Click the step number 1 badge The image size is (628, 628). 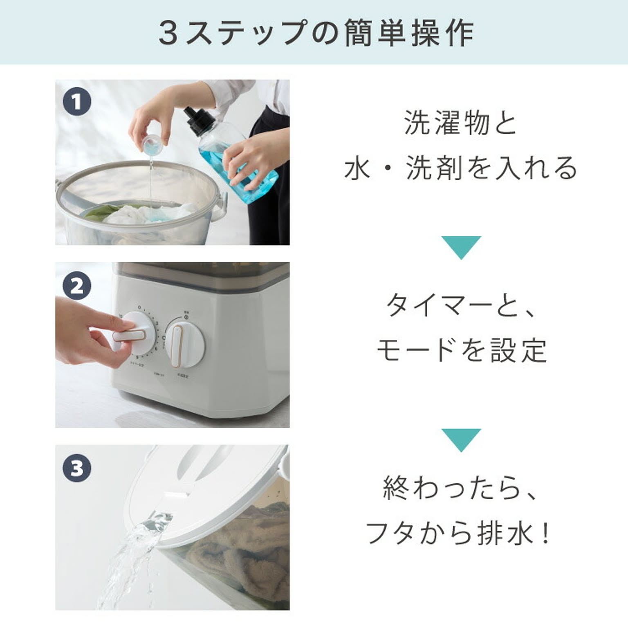[x=77, y=102]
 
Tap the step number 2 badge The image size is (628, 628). [x=77, y=286]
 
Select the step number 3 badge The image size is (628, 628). [x=77, y=468]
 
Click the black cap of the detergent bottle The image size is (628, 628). [x=199, y=121]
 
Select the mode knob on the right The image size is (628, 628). [x=185, y=343]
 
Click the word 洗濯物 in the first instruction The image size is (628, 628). [x=446, y=123]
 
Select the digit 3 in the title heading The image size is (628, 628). [x=168, y=33]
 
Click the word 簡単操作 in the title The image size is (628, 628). [x=409, y=33]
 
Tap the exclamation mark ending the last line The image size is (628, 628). [x=546, y=533]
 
